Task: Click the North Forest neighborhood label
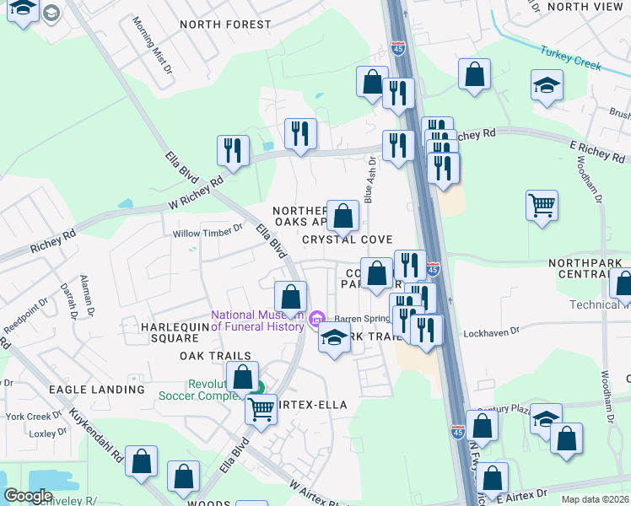(x=225, y=25)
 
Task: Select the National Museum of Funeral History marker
(x=316, y=319)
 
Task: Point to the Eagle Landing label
(x=96, y=390)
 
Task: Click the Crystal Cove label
(x=348, y=240)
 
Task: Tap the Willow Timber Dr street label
(x=208, y=232)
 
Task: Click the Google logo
(x=28, y=497)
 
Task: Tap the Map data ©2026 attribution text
(x=596, y=499)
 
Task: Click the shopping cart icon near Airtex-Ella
(x=262, y=409)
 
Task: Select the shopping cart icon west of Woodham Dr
(x=542, y=204)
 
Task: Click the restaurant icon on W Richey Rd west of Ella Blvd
(x=233, y=150)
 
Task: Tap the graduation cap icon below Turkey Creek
(x=547, y=85)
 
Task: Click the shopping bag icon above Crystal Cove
(x=342, y=216)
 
